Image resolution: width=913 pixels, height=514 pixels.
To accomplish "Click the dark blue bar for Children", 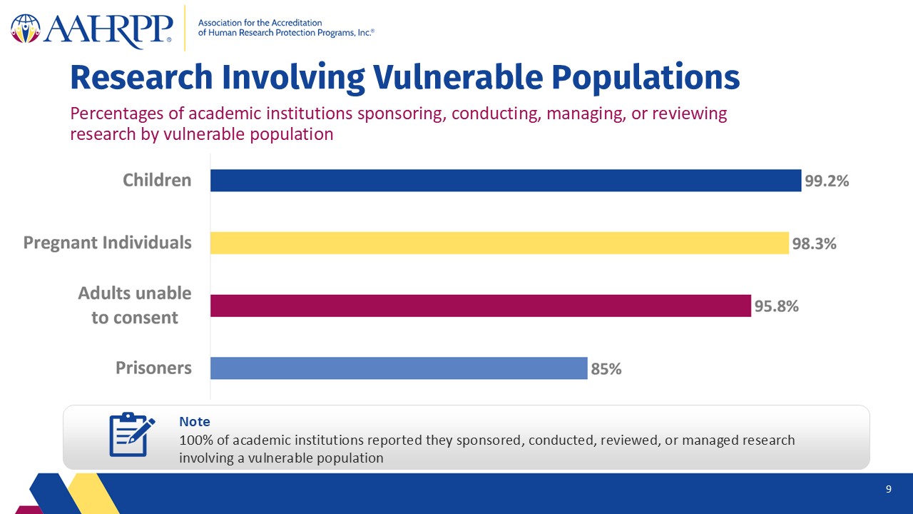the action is [506, 181].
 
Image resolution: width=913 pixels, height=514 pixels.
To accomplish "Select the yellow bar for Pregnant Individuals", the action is [500, 243].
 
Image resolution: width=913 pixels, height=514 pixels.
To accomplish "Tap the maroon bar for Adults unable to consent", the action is [481, 306].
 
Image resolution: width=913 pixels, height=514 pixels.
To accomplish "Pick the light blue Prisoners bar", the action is [399, 368].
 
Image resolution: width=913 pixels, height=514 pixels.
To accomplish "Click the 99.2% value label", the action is [827, 181].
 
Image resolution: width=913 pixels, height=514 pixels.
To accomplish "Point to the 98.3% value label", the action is [814, 243].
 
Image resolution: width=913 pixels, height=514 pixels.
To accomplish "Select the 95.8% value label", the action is [777, 306].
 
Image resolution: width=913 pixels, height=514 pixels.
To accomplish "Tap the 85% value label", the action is [606, 369].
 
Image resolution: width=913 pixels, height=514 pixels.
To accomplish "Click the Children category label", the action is [157, 180].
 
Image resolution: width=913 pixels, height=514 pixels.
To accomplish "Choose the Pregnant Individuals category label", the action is [107, 243].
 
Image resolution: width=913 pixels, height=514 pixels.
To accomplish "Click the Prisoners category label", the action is [153, 368].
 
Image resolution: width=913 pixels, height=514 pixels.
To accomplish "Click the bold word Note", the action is [195, 421].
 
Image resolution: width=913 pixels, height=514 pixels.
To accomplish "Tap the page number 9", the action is [889, 489].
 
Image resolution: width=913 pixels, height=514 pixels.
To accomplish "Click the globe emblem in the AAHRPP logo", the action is [26, 29].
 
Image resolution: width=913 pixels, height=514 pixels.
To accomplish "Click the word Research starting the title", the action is [141, 78].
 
